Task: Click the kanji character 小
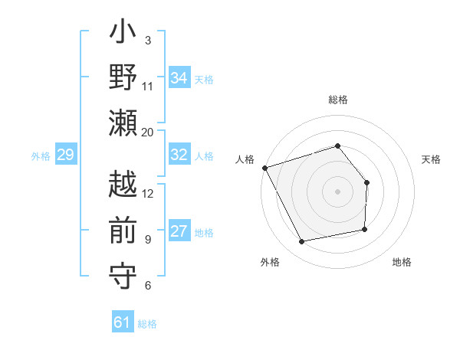(123, 34)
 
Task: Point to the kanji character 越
(123, 186)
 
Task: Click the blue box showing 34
(179, 77)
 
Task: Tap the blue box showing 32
(179, 155)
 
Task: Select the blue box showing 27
(179, 231)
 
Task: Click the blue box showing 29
(65, 155)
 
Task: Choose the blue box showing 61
(123, 322)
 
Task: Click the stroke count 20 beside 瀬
(148, 132)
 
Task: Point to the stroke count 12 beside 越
(148, 193)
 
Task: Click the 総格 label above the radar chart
(337, 100)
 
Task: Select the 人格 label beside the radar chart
(245, 159)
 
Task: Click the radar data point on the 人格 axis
(264, 167)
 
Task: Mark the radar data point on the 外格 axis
(302, 242)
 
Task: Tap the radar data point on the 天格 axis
(366, 182)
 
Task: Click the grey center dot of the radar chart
(337, 191)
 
